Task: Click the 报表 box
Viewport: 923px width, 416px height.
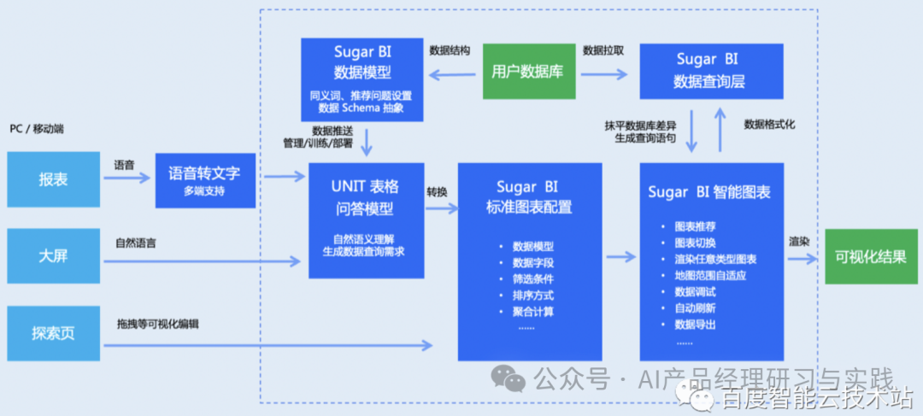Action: pos(53,179)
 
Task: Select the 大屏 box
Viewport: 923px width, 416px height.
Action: pos(53,255)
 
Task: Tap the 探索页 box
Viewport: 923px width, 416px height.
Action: pos(53,332)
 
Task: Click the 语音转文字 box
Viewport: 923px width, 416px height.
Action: pos(205,179)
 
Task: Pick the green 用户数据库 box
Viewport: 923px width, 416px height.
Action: pos(528,72)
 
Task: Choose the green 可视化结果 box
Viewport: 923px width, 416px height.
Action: pos(871,255)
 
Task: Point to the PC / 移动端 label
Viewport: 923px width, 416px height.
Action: pos(37,129)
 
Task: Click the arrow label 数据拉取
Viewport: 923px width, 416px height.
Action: pos(603,50)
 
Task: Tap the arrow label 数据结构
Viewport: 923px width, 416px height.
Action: pos(450,50)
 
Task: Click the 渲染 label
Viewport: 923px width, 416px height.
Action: pos(800,241)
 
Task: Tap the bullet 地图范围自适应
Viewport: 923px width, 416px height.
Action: pos(710,276)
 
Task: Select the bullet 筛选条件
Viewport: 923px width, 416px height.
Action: pos(532,279)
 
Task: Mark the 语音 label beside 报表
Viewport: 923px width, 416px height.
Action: pos(124,165)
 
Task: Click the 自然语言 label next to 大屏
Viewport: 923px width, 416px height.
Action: pos(136,243)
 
